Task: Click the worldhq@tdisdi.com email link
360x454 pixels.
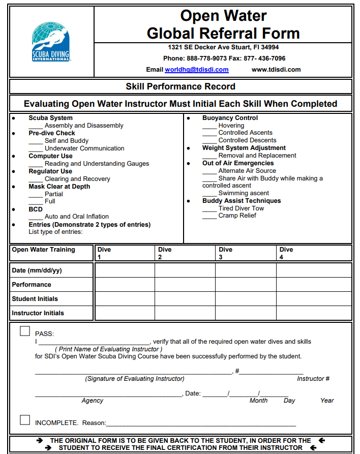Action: tap(196, 70)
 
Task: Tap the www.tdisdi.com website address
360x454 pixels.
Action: tap(276, 70)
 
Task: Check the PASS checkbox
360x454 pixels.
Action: tap(25, 331)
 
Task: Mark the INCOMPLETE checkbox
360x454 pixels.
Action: tap(25, 420)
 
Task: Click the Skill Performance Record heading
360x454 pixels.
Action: tap(181, 86)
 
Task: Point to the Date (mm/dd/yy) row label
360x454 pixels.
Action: tap(37, 270)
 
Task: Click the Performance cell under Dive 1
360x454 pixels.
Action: tap(125, 285)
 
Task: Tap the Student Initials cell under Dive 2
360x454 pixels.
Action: tap(185, 299)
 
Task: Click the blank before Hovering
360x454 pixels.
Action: tap(209, 127)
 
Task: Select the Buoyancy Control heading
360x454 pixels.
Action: tap(230, 118)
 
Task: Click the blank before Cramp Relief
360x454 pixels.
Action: tap(209, 218)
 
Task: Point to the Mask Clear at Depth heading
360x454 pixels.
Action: tap(59, 187)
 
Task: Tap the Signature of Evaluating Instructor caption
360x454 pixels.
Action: tap(134, 379)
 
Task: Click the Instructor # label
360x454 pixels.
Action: tap(313, 379)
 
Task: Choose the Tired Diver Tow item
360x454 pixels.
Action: tap(241, 208)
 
